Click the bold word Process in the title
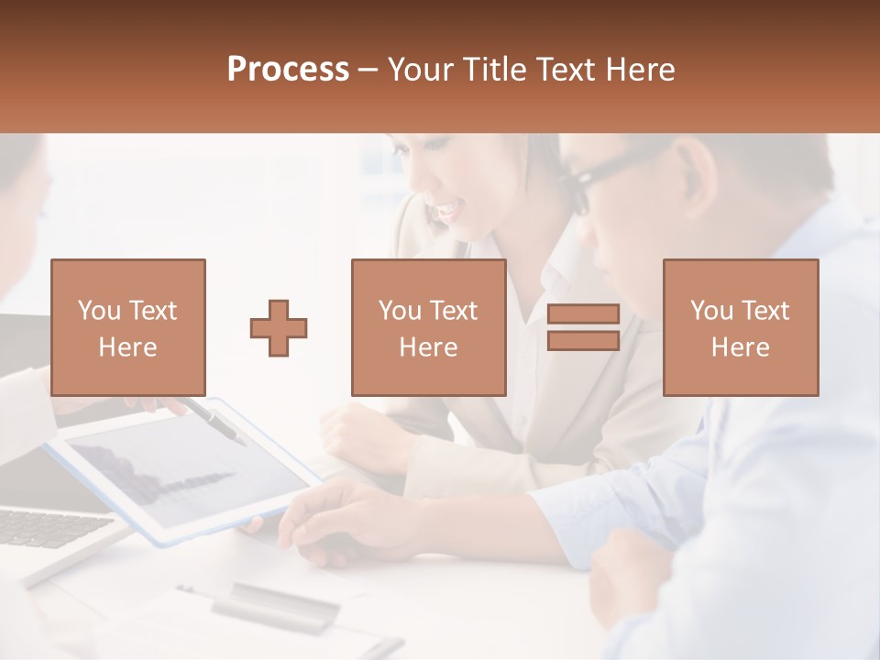point(288,70)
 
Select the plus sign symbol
point(279,328)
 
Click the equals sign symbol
point(583,327)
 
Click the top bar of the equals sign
point(583,314)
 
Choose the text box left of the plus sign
point(128,327)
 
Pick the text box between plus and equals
point(429,327)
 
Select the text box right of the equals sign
point(741,327)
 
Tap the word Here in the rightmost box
point(741,346)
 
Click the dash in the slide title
point(368,70)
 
